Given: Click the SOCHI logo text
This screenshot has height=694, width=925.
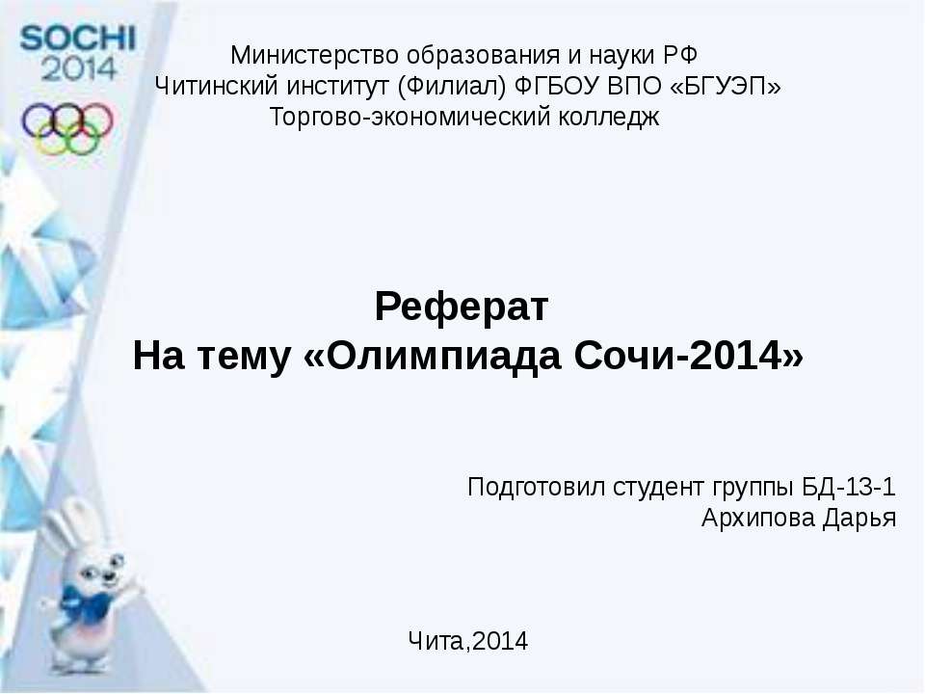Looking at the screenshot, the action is tap(77, 39).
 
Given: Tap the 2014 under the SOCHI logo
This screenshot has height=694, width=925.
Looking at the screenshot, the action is tap(78, 68).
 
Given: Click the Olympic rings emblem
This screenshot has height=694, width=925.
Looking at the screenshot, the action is tap(67, 128).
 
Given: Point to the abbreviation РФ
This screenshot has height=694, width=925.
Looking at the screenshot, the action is tap(680, 56).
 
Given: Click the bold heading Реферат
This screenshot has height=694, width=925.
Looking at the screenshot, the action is tap(462, 307).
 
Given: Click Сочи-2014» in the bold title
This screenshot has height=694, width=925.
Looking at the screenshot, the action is tap(689, 356).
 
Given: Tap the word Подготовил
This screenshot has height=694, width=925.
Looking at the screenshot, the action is tap(537, 488).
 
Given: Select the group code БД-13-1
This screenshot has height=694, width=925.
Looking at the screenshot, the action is tap(849, 487).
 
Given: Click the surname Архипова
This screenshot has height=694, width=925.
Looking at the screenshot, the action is tap(757, 519).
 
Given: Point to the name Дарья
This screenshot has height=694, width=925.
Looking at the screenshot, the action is tap(859, 519).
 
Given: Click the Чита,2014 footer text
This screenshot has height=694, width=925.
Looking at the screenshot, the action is tap(468, 641).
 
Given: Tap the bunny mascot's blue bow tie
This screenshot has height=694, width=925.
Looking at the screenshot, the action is tap(86, 602).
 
